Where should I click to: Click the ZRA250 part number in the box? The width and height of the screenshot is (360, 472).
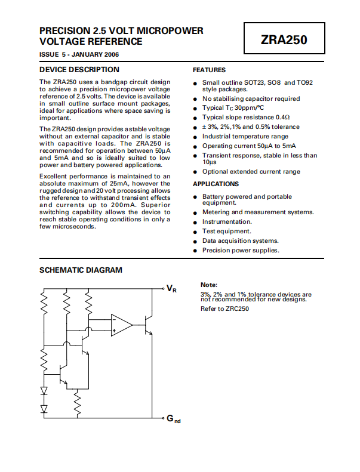click(284, 41)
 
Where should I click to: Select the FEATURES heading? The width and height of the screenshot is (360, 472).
click(209, 70)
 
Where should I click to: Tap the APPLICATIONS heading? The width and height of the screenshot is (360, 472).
click(216, 184)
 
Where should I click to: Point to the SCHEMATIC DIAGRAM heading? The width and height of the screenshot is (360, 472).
click(81, 270)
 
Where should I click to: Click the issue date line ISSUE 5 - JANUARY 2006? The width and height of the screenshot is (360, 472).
click(79, 54)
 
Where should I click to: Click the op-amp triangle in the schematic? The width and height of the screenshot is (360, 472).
click(121, 325)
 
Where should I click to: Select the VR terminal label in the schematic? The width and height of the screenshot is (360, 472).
click(171, 289)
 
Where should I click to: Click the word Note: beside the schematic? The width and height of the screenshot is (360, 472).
click(209, 285)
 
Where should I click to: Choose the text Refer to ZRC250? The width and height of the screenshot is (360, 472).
click(224, 309)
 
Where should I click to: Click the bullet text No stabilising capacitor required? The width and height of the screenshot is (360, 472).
click(251, 98)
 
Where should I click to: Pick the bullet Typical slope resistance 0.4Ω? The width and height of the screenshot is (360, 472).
click(245, 117)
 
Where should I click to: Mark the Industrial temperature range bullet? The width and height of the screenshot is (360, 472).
click(245, 136)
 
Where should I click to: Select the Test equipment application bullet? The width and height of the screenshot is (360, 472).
click(226, 231)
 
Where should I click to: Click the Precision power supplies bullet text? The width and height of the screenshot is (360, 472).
click(241, 250)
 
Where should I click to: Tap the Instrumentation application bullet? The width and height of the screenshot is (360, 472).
click(227, 221)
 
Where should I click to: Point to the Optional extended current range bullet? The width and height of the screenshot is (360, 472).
click(251, 171)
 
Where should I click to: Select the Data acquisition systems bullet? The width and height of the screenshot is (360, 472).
click(240, 240)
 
